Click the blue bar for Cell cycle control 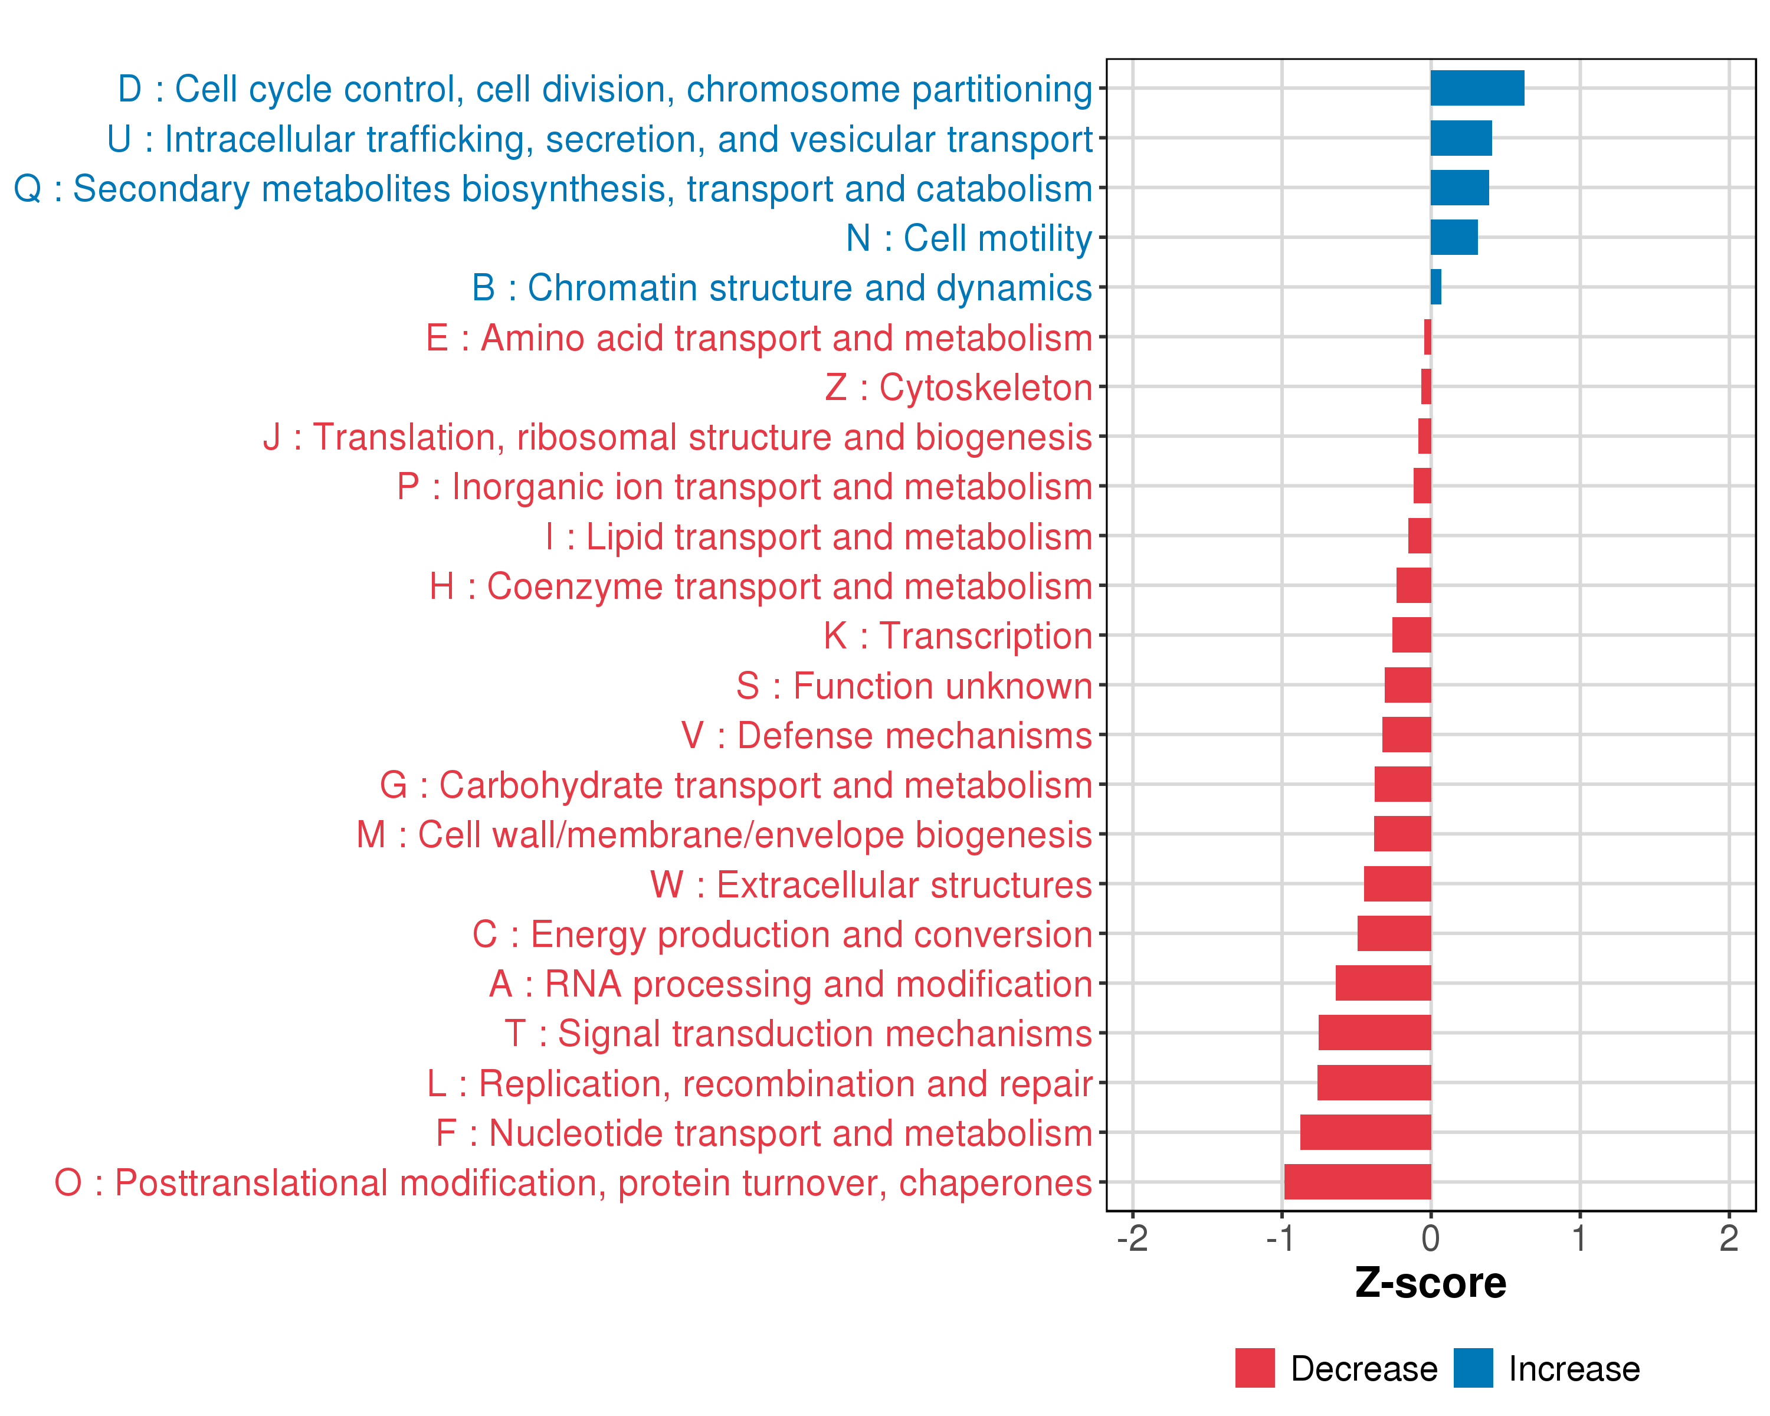tap(1477, 88)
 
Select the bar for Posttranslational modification tap(1357, 1182)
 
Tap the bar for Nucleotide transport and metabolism tap(1365, 1132)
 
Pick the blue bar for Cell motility tap(1454, 237)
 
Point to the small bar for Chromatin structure tap(1436, 287)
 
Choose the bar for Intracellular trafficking tap(1461, 138)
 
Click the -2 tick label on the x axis tap(1132, 1238)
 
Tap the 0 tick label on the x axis tap(1431, 1238)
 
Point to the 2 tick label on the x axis tap(1729, 1238)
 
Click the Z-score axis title tap(1431, 1283)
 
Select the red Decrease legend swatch tap(1254, 1368)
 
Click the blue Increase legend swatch tap(1473, 1368)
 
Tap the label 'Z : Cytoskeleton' tap(958, 388)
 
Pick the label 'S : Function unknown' tap(914, 686)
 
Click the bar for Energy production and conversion tap(1394, 933)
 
